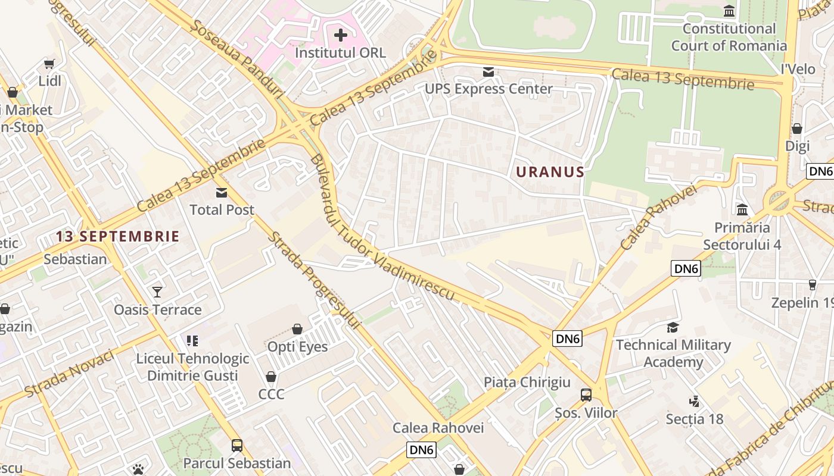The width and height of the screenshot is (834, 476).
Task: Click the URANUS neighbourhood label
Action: [x=550, y=172]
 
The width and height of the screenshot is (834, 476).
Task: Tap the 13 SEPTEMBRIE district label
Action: [x=117, y=236]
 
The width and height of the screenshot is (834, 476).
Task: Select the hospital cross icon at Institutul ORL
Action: [x=341, y=36]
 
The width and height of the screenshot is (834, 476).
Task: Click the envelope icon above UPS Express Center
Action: [x=488, y=73]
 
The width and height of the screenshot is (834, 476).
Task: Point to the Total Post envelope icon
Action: [x=222, y=193]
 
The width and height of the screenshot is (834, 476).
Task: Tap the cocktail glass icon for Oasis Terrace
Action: [x=157, y=292]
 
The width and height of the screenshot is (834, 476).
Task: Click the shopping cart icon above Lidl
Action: [x=49, y=64]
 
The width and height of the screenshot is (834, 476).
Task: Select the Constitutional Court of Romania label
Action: [x=729, y=37]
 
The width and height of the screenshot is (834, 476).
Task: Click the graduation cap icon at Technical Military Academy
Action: [x=673, y=328]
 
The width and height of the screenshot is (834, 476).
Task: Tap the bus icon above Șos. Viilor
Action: [x=586, y=395]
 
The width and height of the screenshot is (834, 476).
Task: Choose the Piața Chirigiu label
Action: [x=527, y=382]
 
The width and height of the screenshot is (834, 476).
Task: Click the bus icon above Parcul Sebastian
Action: [x=237, y=445]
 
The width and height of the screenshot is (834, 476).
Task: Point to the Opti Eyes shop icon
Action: [x=297, y=329]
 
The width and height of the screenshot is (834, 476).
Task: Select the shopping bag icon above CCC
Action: [x=271, y=377]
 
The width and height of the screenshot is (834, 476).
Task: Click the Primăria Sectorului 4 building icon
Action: [x=742, y=210]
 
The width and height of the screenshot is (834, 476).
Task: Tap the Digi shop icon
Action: [x=797, y=129]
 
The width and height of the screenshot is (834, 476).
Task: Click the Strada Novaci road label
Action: [x=70, y=374]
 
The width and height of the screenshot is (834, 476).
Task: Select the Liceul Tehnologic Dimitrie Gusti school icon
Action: [x=192, y=341]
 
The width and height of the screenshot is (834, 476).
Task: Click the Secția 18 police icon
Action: [x=694, y=402]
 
